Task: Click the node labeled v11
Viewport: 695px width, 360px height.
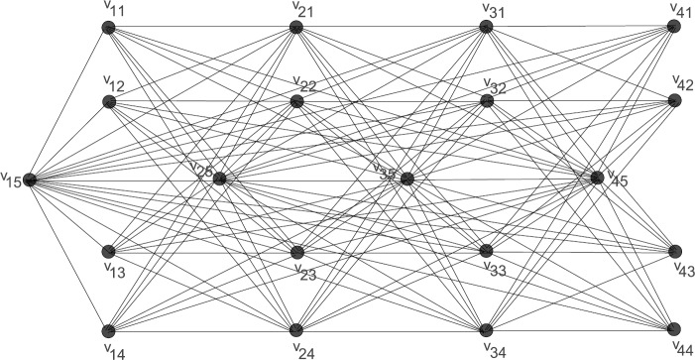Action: [109, 28]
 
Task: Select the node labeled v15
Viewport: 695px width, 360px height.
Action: [30, 180]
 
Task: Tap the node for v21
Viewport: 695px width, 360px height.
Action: [295, 28]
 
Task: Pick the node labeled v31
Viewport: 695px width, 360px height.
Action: [486, 27]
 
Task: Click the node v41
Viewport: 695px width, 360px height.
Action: [674, 27]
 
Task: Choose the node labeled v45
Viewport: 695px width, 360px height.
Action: [597, 178]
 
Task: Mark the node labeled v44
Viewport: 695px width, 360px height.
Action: [674, 329]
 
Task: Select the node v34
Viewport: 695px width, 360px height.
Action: [486, 329]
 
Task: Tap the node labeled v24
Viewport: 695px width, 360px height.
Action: [295, 329]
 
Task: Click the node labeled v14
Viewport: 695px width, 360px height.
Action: [109, 330]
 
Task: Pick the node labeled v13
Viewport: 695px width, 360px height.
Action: [109, 252]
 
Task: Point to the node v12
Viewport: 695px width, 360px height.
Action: [109, 101]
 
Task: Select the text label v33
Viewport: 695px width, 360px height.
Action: [495, 267]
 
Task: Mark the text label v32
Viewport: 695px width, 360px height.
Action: [495, 86]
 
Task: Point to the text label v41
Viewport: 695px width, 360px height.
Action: [682, 9]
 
